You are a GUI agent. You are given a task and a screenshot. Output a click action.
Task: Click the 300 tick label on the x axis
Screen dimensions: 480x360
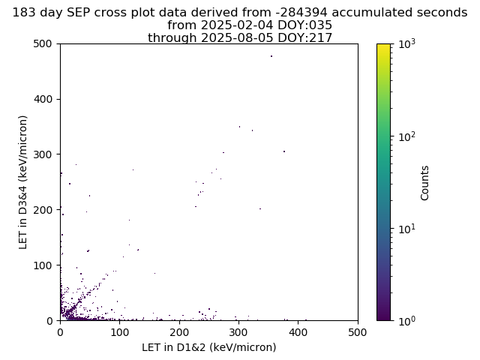point(238,332)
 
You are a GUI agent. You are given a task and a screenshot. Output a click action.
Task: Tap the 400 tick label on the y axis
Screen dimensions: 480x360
point(43,99)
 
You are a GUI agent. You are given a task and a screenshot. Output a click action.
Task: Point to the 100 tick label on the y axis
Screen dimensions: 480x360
point(43,265)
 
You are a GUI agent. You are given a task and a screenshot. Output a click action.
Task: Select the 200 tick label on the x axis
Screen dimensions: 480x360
point(179,332)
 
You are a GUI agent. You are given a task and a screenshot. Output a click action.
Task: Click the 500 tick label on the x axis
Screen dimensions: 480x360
point(358,332)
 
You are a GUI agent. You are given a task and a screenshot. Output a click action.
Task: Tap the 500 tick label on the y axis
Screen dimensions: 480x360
point(43,43)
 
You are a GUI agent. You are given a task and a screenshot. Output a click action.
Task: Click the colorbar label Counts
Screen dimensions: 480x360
point(424,183)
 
